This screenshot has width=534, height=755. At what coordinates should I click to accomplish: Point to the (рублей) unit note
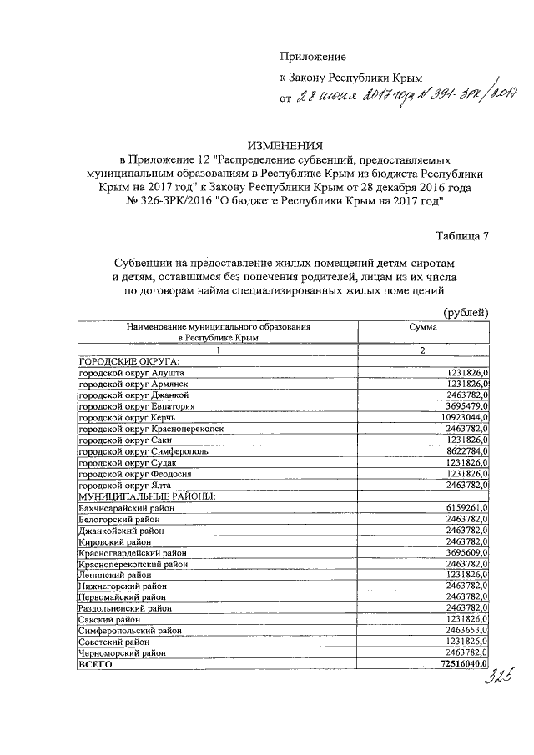coord(465,312)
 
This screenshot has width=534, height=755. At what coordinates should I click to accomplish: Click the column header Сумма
coord(423,329)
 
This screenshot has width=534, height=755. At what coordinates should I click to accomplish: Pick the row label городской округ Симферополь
coord(143,450)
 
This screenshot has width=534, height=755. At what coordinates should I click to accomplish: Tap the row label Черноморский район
coord(118,654)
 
